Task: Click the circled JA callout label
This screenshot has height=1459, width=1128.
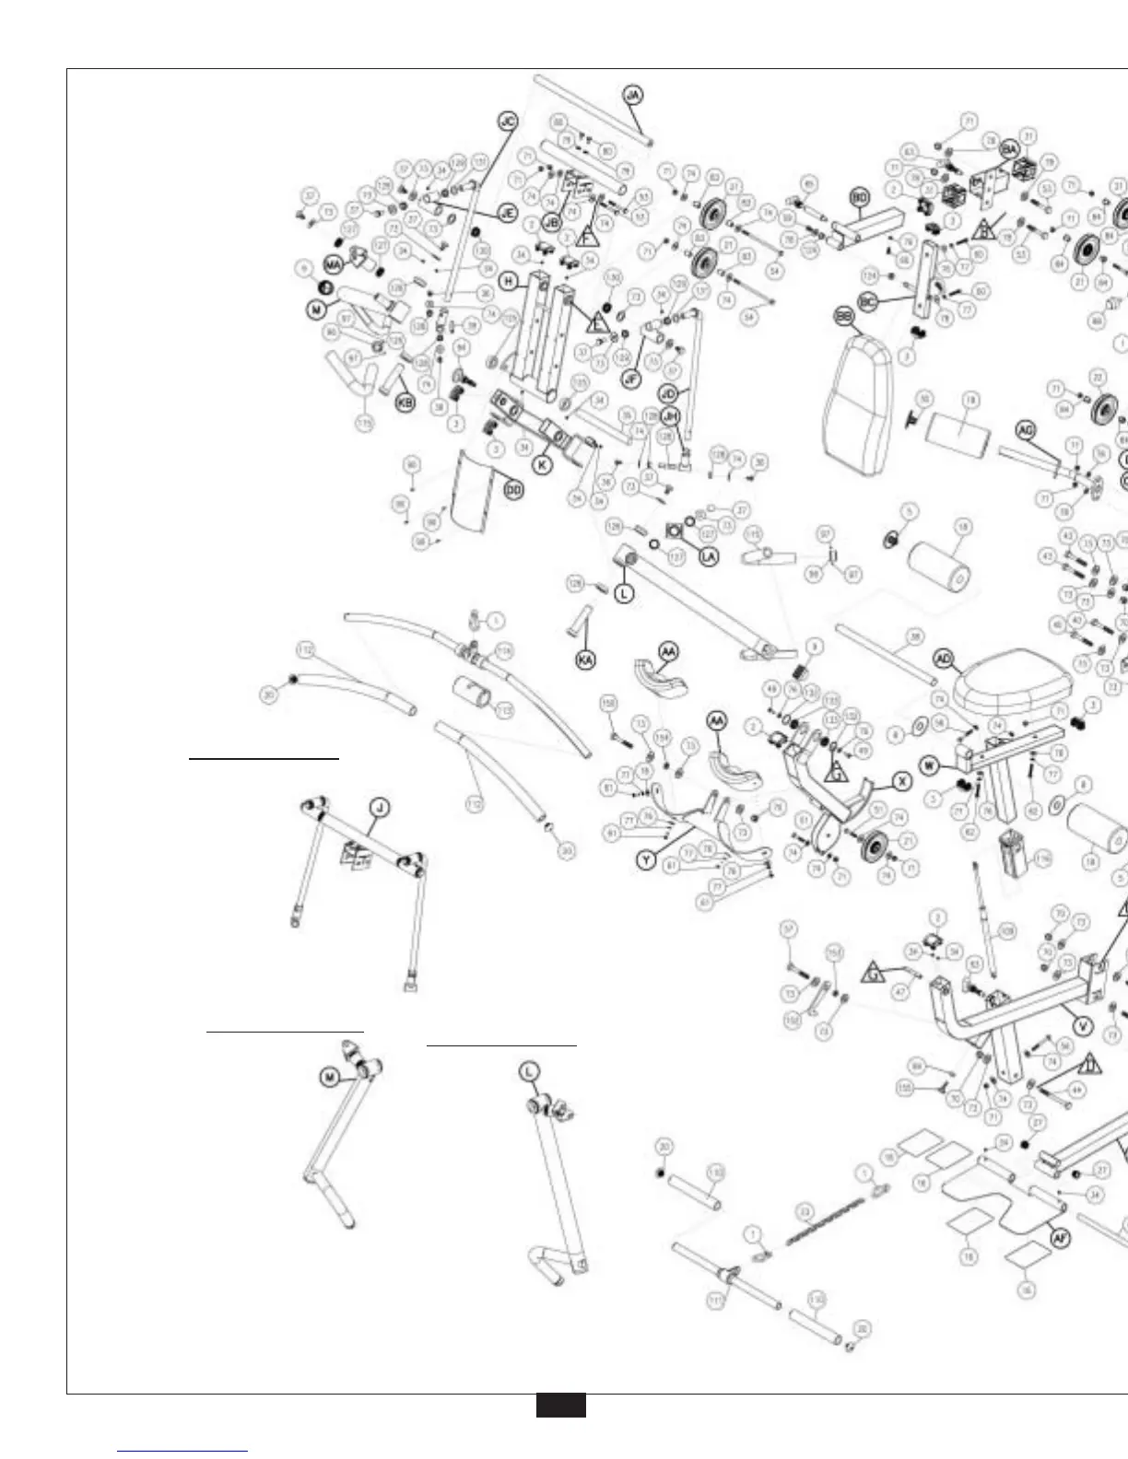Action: (633, 96)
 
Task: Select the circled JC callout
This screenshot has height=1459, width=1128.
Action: (508, 122)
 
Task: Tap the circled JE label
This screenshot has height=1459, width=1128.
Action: (506, 212)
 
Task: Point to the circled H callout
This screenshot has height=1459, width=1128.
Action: (508, 280)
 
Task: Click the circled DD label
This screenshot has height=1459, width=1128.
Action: (513, 491)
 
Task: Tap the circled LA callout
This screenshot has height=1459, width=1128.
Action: (709, 556)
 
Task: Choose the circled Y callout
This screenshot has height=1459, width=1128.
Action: (648, 860)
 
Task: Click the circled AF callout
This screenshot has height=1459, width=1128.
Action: (1061, 1240)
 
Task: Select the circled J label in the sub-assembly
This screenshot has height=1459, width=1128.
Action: (380, 809)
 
